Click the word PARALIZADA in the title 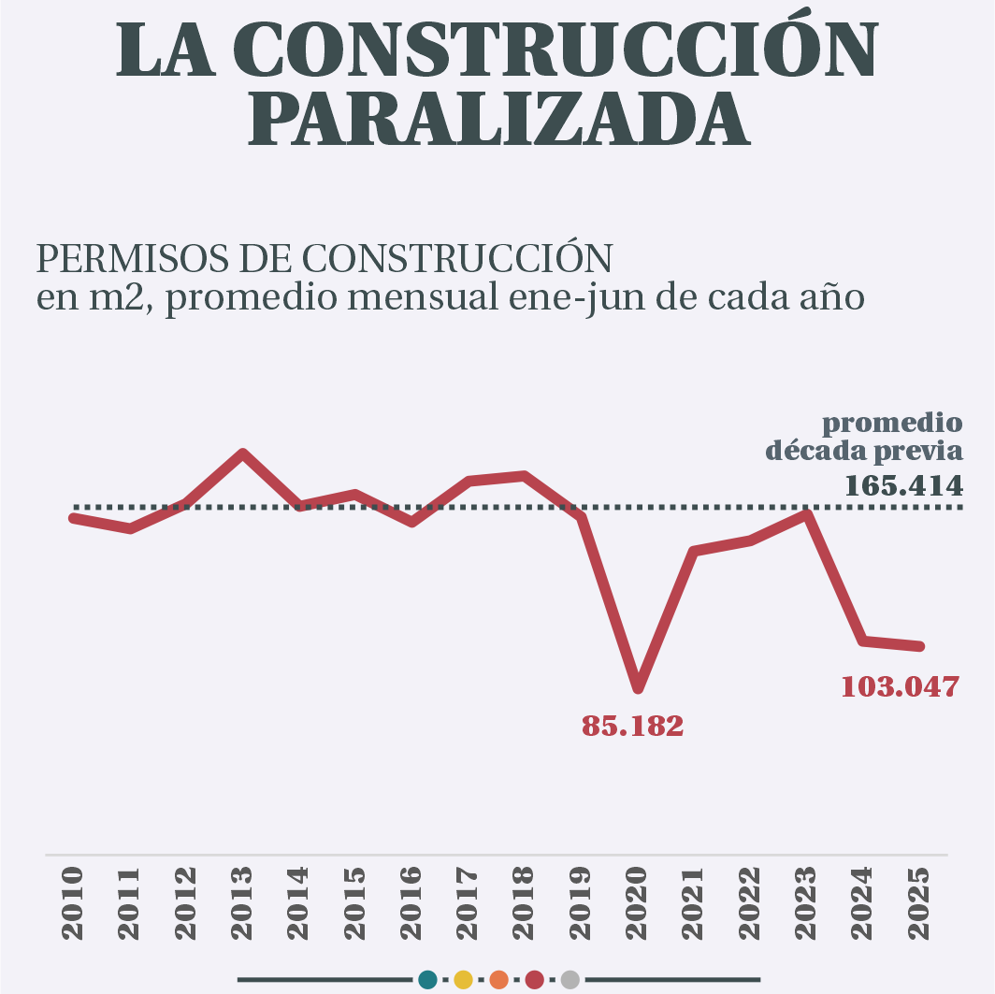(x=498, y=120)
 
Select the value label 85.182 (x=633, y=726)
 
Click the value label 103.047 (x=900, y=687)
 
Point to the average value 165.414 (x=903, y=486)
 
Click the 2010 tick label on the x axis (x=73, y=903)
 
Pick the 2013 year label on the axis (x=242, y=903)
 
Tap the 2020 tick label (x=637, y=903)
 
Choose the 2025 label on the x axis (x=919, y=903)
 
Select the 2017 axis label (x=468, y=903)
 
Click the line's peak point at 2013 (x=243, y=454)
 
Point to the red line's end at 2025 (x=920, y=646)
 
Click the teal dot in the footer (x=428, y=980)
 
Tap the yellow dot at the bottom (x=463, y=980)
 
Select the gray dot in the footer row (x=570, y=980)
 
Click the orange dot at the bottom (x=498, y=980)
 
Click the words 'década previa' (x=864, y=452)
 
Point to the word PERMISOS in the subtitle (x=125, y=258)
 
